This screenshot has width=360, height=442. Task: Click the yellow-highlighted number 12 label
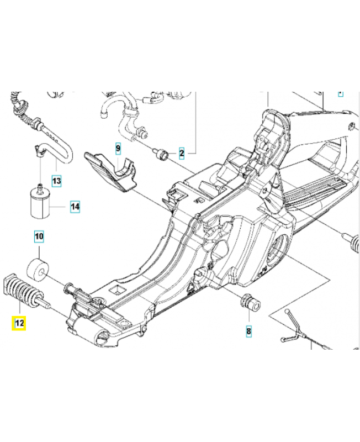(x=19, y=323)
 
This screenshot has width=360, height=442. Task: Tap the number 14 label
(x=75, y=207)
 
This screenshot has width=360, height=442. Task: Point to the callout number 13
(x=57, y=180)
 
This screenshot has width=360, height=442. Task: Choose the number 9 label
(x=117, y=148)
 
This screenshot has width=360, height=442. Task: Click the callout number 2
(x=181, y=152)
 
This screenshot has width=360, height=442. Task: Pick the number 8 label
(x=249, y=331)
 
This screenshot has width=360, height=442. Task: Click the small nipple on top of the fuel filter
(x=40, y=182)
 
